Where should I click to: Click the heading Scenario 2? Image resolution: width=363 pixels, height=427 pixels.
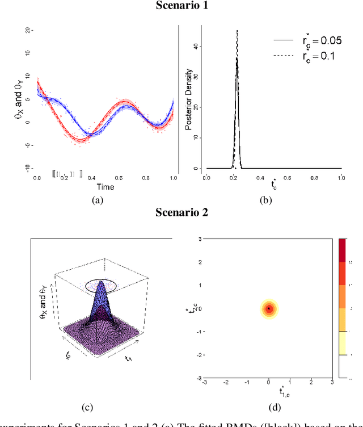click(x=181, y=213)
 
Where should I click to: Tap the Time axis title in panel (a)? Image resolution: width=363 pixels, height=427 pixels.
click(x=105, y=186)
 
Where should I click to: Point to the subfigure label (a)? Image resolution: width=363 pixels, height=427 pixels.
click(x=98, y=199)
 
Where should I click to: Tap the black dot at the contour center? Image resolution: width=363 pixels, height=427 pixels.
click(x=269, y=308)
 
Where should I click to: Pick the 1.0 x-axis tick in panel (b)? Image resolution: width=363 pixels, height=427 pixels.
click(x=341, y=178)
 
